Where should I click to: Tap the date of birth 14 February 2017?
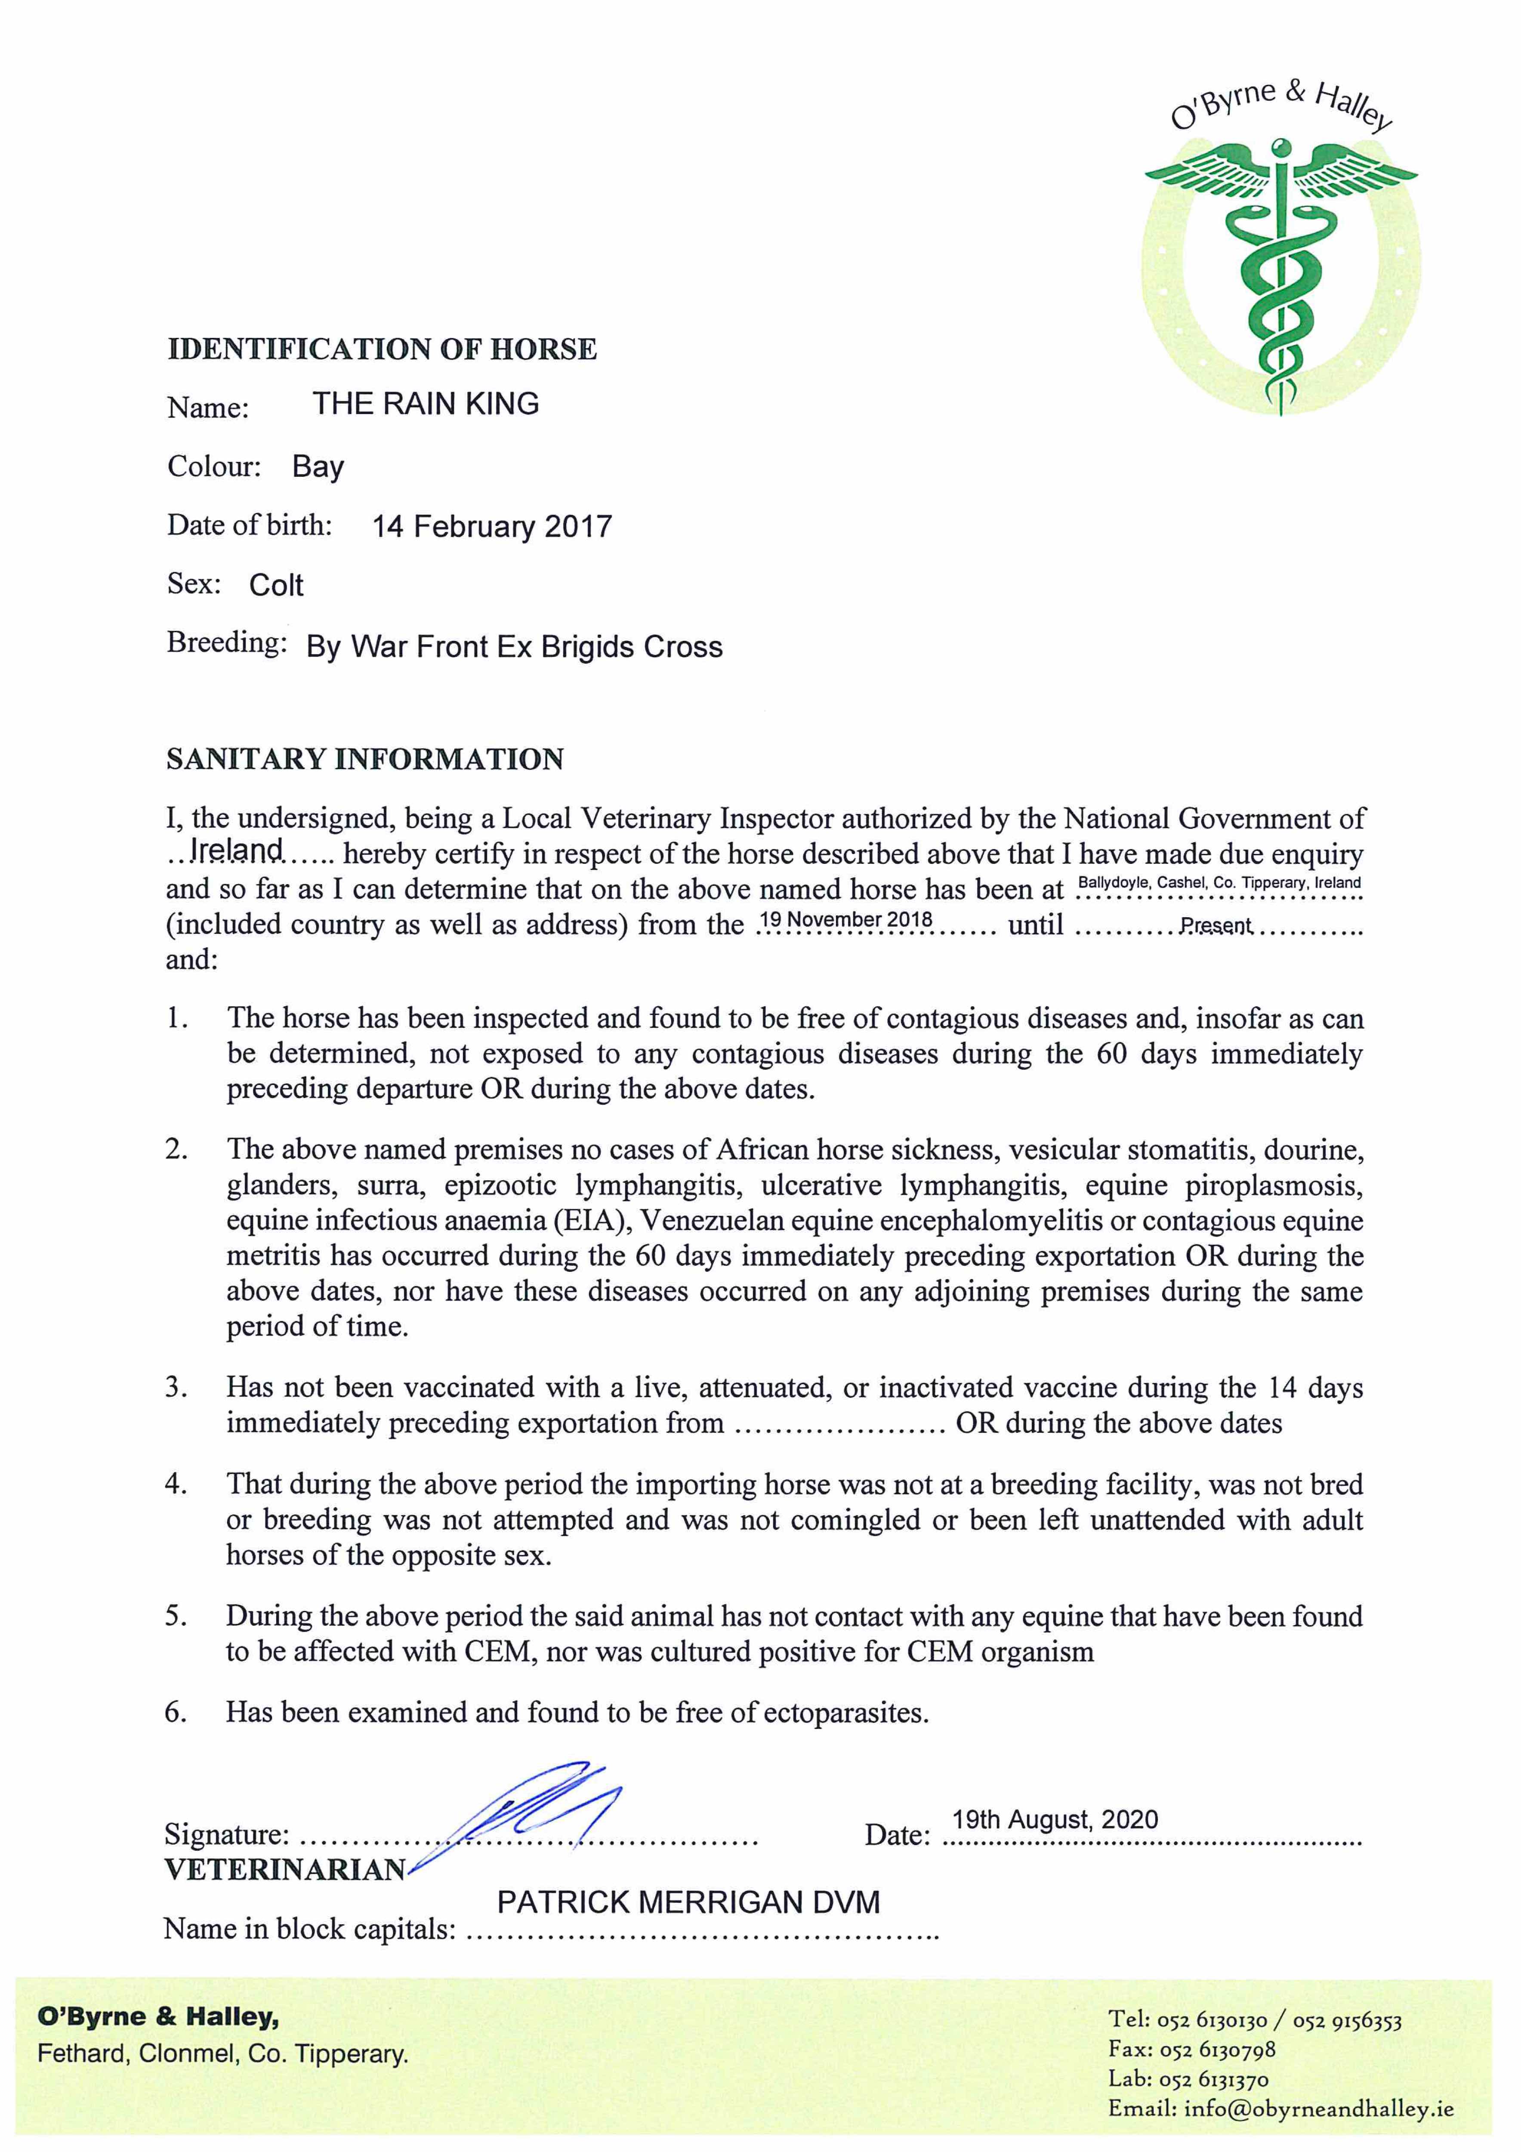492,527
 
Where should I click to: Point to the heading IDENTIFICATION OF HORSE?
381,349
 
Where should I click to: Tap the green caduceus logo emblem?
1281,272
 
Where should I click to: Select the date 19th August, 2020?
1055,1820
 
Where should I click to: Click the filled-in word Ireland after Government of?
236,850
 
